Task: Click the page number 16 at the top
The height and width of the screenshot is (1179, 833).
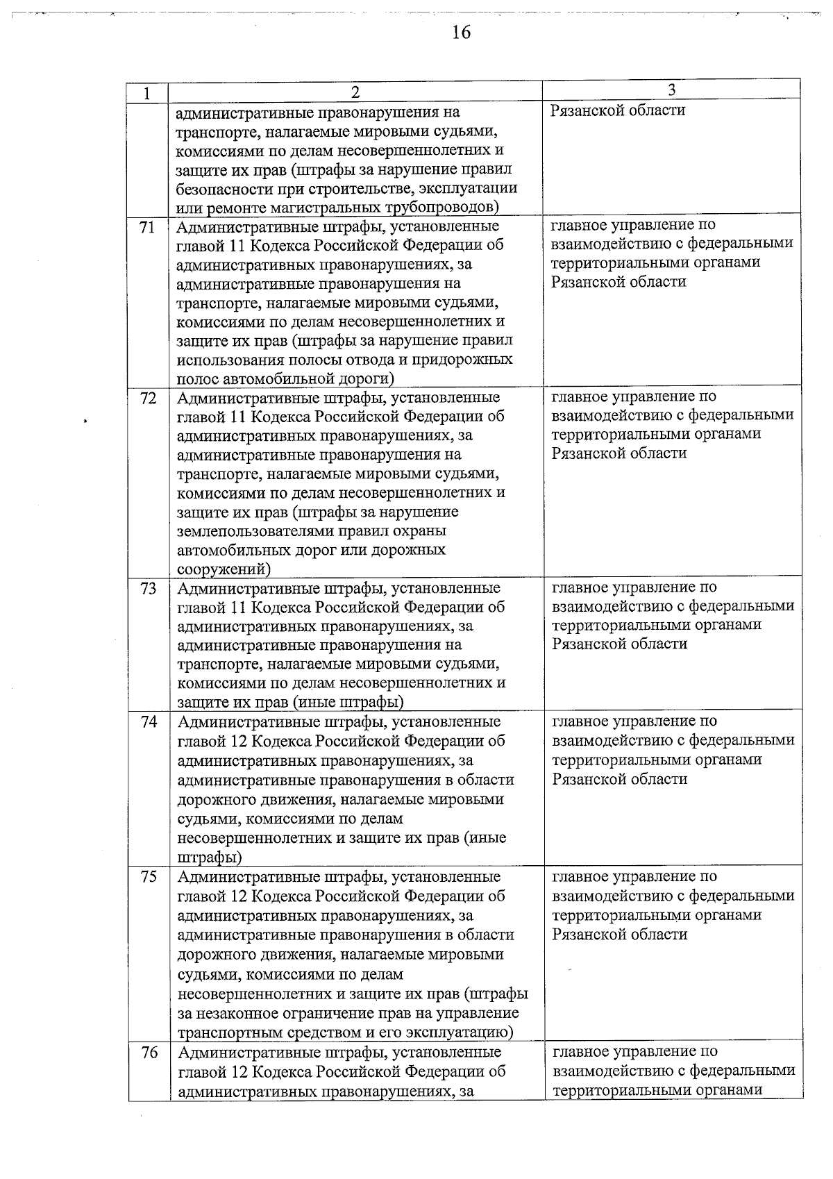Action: point(461,33)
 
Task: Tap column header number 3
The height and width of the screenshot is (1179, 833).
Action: point(671,90)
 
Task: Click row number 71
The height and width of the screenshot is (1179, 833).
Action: point(146,227)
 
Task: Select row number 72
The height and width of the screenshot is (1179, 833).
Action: point(147,399)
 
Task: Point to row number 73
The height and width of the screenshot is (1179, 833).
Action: point(148,589)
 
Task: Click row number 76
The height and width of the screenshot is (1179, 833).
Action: point(149,1053)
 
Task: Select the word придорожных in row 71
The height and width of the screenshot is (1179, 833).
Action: point(469,360)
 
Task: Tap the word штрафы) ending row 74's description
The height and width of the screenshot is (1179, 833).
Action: point(210,857)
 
